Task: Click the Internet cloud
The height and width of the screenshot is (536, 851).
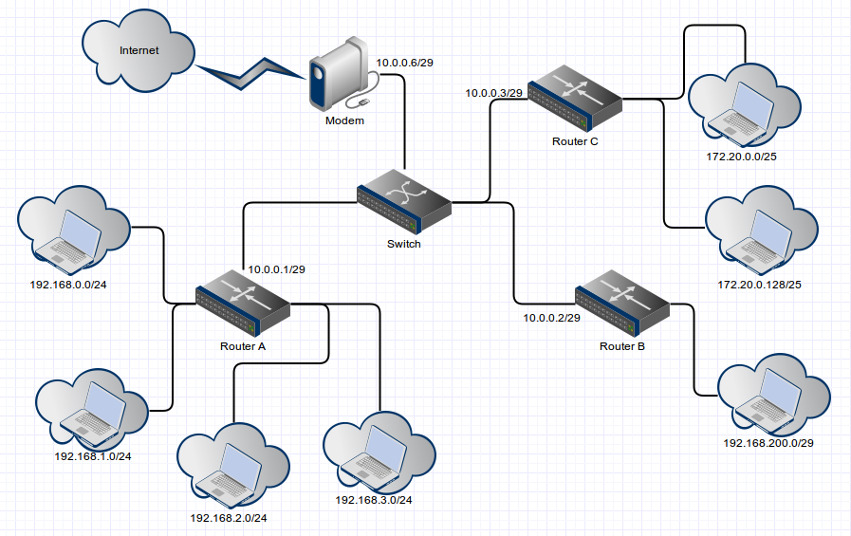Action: (139, 52)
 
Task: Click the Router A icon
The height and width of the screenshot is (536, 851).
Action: (243, 303)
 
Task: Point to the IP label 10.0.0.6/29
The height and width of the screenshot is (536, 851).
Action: (405, 63)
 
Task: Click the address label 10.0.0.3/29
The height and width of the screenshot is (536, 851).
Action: (493, 93)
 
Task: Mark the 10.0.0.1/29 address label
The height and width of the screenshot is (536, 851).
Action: (277, 269)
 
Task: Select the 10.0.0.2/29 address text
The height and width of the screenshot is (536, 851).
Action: (551, 318)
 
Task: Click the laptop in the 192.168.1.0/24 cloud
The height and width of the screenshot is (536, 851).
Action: (91, 408)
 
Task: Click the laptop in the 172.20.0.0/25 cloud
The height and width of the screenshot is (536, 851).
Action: (739, 107)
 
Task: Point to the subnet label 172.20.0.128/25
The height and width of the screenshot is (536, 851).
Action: (760, 285)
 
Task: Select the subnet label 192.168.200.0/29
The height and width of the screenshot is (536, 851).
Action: (768, 443)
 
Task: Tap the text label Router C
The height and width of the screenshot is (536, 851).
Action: (575, 141)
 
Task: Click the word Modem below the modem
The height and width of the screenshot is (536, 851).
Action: (344, 120)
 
